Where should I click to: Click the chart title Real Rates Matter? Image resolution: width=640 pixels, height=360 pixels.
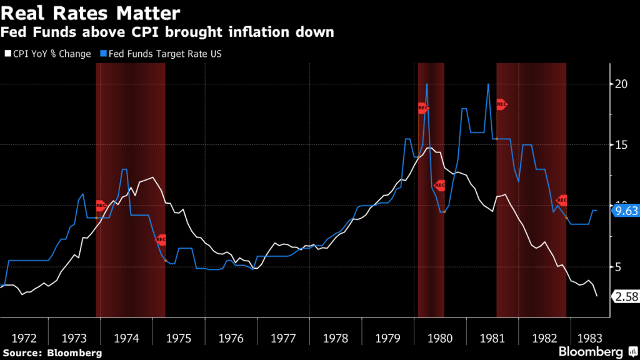[x=92, y=12]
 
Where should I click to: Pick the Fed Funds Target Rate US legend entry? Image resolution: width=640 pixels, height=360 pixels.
[x=161, y=54]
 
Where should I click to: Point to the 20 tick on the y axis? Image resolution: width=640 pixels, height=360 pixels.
[x=621, y=84]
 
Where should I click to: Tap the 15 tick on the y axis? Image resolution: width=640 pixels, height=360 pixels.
[x=621, y=145]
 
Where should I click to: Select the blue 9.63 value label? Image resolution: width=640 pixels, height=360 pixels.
[x=626, y=211]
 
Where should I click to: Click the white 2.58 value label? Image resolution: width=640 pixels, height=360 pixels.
[x=626, y=297]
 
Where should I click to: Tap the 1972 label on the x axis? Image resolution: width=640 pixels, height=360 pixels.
[x=24, y=338]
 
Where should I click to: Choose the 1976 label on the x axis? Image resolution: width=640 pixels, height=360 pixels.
[x=231, y=338]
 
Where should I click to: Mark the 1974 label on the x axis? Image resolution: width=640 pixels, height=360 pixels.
[x=127, y=338]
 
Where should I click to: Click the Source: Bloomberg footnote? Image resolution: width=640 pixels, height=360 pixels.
[x=52, y=353]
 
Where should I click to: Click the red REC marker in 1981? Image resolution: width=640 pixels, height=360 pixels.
[x=501, y=105]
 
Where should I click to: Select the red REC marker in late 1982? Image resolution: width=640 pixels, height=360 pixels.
[x=561, y=200]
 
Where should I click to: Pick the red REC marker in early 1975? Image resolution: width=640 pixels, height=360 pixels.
[x=160, y=239]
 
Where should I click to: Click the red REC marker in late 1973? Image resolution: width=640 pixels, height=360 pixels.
[x=101, y=206]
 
